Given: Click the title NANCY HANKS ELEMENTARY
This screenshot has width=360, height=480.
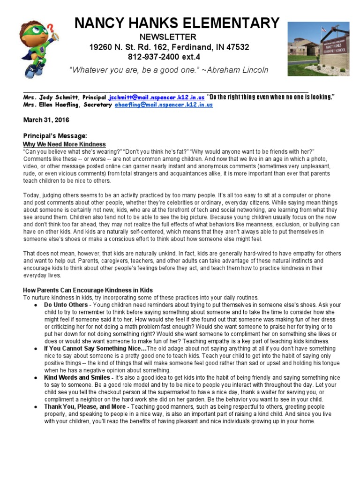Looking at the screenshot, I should tap(178, 22).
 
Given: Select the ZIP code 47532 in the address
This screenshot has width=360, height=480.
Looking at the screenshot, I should tap(238, 47).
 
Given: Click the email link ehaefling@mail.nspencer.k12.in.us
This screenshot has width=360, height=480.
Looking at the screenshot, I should tap(164, 105).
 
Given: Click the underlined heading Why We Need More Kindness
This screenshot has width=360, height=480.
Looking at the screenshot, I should tap(64, 144).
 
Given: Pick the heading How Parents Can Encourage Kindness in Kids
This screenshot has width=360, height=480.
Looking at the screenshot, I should tap(88, 290).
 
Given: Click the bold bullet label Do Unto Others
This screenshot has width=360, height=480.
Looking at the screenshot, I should tap(66, 305).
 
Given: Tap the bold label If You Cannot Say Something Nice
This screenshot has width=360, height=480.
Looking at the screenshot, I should tap(95, 349).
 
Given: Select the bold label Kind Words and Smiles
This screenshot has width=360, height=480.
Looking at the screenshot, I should tap(77, 377).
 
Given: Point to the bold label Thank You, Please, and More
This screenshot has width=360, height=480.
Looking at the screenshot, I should tap(85, 407).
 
